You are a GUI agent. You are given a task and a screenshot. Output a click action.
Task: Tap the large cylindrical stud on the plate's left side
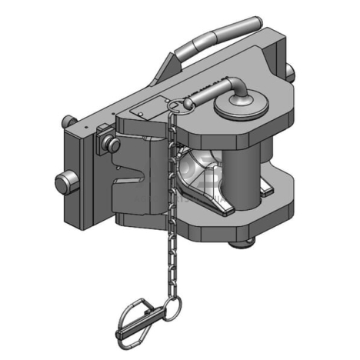[66, 183]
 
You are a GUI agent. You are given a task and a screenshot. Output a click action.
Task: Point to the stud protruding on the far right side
[290, 72]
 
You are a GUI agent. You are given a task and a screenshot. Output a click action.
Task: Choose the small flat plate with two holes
[142, 112]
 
